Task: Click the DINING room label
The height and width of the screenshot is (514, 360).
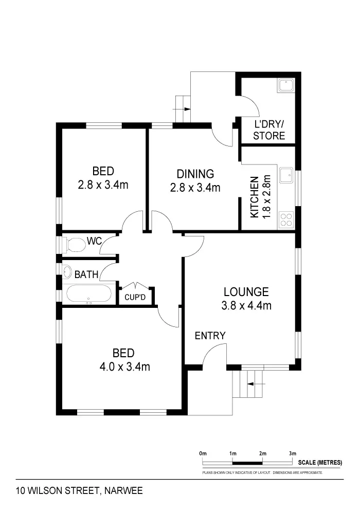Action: [x=195, y=174]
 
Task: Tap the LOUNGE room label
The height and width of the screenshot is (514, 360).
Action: [x=246, y=292]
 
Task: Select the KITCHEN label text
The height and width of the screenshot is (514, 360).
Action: [x=254, y=197]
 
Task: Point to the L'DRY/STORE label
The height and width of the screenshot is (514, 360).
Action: [x=269, y=130]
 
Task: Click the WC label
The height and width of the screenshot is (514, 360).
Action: [x=95, y=241]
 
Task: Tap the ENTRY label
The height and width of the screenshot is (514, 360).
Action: [x=210, y=336]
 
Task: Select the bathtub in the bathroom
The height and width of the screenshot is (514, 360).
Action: [x=88, y=295]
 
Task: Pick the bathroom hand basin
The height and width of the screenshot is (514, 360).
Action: [x=68, y=271]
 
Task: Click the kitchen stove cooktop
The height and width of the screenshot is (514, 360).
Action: [x=286, y=220]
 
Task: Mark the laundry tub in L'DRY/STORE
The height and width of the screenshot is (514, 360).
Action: [x=285, y=85]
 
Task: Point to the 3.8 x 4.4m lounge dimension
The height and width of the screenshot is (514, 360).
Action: [x=246, y=306]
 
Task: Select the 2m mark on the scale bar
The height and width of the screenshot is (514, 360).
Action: [x=262, y=454]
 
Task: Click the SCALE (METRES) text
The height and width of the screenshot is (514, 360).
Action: [x=319, y=462]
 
